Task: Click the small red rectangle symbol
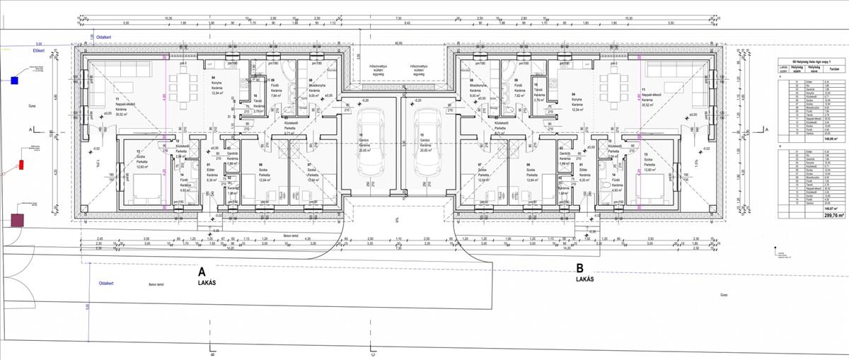tap(21, 165)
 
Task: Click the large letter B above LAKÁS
tap(579, 268)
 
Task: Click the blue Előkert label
tap(19, 51)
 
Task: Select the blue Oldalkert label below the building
tap(106, 283)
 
